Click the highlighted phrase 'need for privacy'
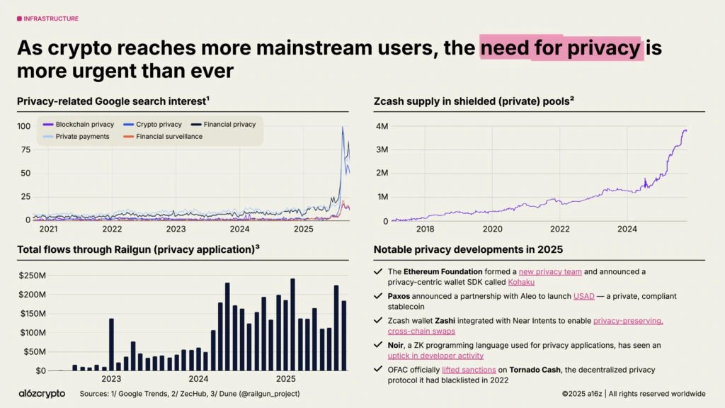click(x=560, y=47)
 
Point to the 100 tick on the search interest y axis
click(x=23, y=126)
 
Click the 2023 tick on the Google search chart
click(x=176, y=229)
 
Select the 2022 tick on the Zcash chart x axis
click(x=560, y=229)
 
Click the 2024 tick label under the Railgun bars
click(x=198, y=379)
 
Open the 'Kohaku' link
click(x=521, y=282)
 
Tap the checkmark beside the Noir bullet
click(x=379, y=346)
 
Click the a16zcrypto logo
click(x=42, y=393)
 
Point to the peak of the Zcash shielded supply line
click(x=685, y=130)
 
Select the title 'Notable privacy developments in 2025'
click(x=468, y=249)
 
